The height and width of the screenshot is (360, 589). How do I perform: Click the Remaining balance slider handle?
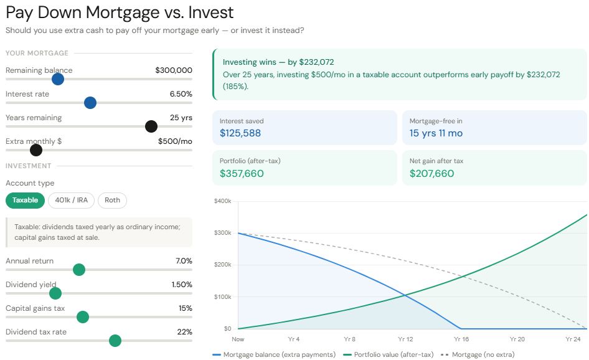pyautogui.click(x=58, y=79)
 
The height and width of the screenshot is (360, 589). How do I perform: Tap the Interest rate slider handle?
pyautogui.click(x=90, y=103)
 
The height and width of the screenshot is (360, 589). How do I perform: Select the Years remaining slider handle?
pyautogui.click(x=151, y=126)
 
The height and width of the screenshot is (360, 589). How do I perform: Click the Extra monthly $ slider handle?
pyautogui.click(x=36, y=150)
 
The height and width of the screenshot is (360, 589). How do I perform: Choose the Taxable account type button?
pyautogui.click(x=25, y=200)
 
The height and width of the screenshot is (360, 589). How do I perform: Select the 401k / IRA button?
pyautogui.click(x=71, y=200)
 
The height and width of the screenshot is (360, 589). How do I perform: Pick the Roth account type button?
pyautogui.click(x=112, y=200)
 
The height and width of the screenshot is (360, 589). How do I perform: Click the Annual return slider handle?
pyautogui.click(x=78, y=270)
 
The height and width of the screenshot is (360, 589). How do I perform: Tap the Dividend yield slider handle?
pyautogui.click(x=55, y=293)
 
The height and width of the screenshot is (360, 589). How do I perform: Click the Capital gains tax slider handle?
pyautogui.click(x=82, y=317)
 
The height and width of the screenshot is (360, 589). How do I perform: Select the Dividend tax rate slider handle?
pyautogui.click(x=115, y=341)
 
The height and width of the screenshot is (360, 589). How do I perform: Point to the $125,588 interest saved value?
pyautogui.click(x=240, y=133)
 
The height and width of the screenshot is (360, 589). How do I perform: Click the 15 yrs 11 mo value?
pyautogui.click(x=436, y=133)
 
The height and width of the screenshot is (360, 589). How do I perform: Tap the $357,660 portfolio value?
pyautogui.click(x=242, y=174)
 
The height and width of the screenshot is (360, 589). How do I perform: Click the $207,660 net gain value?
pyautogui.click(x=431, y=174)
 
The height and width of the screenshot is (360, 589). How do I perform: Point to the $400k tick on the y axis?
pyautogui.click(x=222, y=201)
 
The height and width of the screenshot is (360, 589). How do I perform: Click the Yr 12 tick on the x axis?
pyautogui.click(x=405, y=339)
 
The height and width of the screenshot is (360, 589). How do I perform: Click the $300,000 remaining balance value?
pyautogui.click(x=174, y=70)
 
